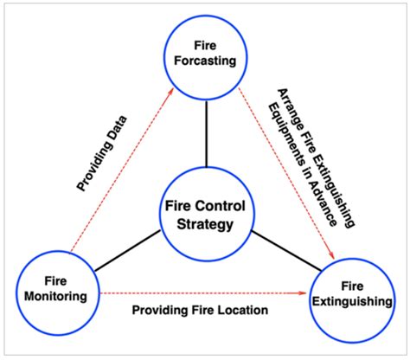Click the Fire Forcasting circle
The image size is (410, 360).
point(207,54)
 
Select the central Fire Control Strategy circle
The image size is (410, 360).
point(205,215)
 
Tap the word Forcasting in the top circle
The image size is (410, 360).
point(207,63)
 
